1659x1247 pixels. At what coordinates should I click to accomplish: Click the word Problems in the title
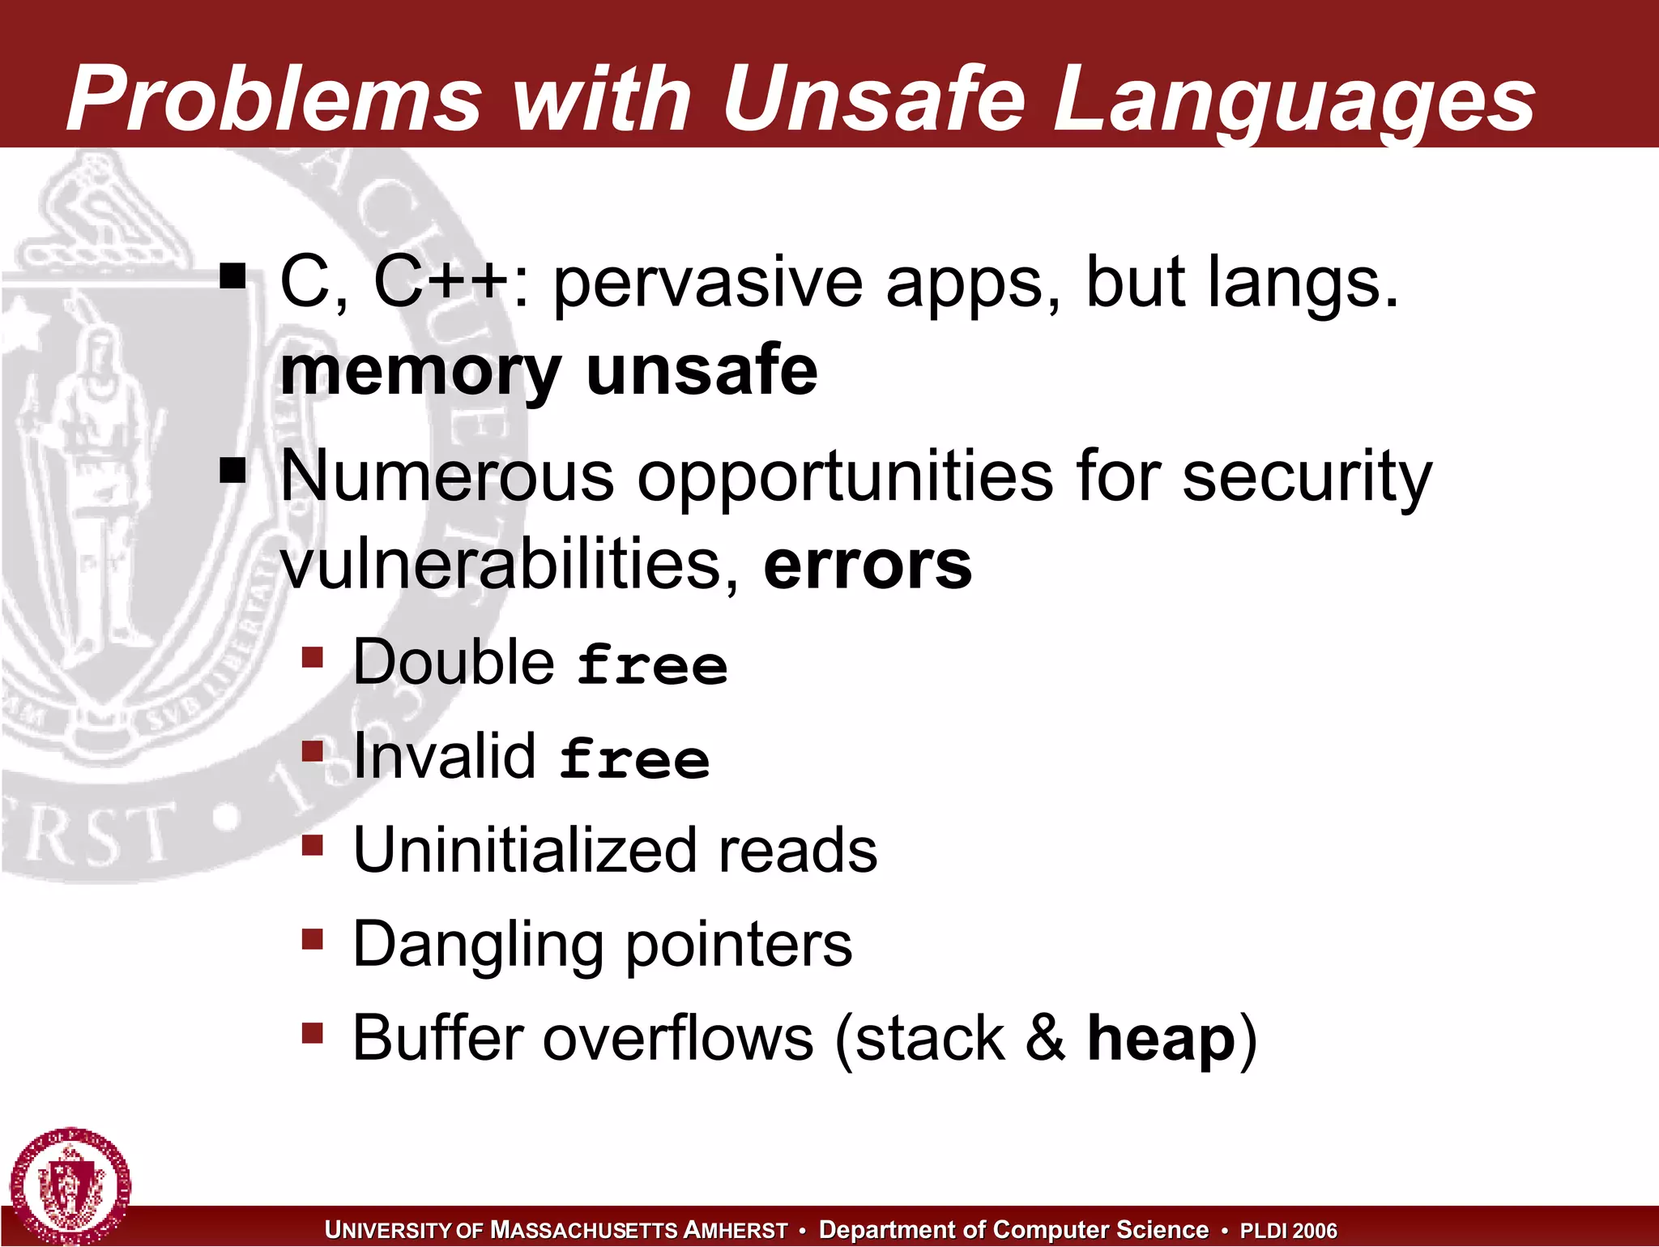pos(274,99)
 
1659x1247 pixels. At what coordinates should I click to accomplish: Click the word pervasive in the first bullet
pos(707,284)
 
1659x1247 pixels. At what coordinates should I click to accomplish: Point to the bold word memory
pos(420,371)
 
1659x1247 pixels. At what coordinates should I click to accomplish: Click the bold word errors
pos(867,565)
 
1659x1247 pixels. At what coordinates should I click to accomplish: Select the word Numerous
pos(447,476)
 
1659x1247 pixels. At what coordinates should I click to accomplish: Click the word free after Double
pos(652,665)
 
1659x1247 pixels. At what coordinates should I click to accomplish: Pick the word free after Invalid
pos(634,759)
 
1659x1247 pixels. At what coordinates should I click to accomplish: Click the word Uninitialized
pos(525,851)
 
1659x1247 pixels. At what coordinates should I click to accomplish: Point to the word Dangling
pos(478,945)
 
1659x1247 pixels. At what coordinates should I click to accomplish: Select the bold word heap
pos(1160,1040)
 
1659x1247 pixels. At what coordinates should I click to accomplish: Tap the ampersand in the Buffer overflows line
pos(1045,1038)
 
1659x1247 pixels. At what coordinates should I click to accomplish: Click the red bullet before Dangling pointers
pos(312,939)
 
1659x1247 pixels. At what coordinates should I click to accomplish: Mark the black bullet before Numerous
pos(232,470)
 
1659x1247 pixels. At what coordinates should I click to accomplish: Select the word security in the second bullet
pos(1306,478)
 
